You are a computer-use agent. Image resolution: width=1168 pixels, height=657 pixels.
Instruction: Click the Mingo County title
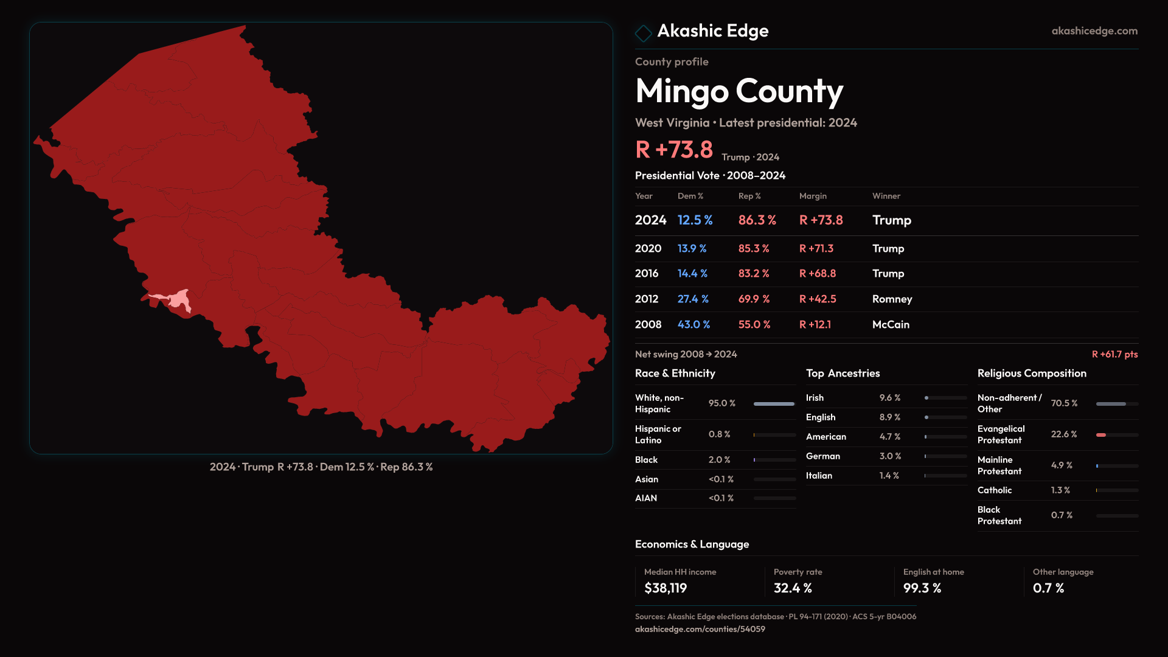point(739,91)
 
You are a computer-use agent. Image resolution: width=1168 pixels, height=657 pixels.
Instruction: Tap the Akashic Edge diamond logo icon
point(643,33)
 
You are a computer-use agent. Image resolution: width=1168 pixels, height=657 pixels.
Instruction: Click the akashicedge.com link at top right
point(1094,31)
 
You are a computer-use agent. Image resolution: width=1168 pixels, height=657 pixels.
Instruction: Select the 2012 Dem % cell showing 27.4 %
point(693,299)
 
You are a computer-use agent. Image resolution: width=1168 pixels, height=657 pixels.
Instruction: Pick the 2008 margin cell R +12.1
point(815,325)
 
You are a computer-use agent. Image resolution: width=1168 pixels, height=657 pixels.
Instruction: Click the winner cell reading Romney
point(892,299)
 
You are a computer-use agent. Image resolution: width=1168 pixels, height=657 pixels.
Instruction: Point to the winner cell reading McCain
point(891,325)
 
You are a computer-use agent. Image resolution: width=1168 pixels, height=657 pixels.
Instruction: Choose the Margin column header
point(813,196)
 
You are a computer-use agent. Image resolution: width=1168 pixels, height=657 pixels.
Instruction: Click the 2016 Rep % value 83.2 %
point(754,274)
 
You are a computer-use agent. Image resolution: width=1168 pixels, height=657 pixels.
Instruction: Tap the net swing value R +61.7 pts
point(1114,354)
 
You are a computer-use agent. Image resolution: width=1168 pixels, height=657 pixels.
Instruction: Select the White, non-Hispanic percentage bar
point(774,404)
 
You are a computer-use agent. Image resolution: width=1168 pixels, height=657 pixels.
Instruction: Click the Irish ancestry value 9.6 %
point(889,398)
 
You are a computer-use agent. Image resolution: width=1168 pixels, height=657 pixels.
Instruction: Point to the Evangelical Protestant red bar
point(1101,435)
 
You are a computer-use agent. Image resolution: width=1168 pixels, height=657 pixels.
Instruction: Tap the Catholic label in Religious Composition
point(995,490)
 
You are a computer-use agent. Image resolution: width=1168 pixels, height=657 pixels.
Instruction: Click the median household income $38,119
point(666,588)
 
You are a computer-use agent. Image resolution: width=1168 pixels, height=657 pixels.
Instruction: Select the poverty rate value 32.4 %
point(793,588)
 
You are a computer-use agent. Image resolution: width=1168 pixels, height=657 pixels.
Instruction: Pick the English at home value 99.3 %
point(922,588)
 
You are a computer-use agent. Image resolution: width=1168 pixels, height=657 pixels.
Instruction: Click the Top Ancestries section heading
point(843,374)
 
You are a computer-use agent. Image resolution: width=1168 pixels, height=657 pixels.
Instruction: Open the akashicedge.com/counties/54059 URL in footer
point(700,630)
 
